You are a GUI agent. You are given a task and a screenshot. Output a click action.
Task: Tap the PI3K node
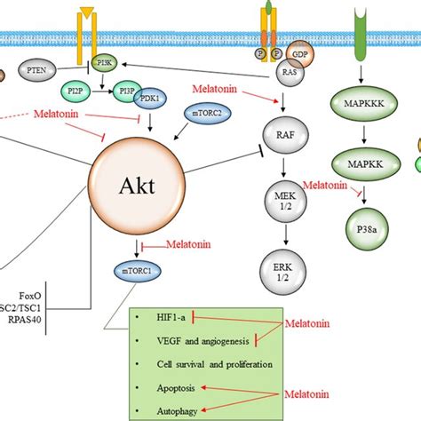point(104,65)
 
